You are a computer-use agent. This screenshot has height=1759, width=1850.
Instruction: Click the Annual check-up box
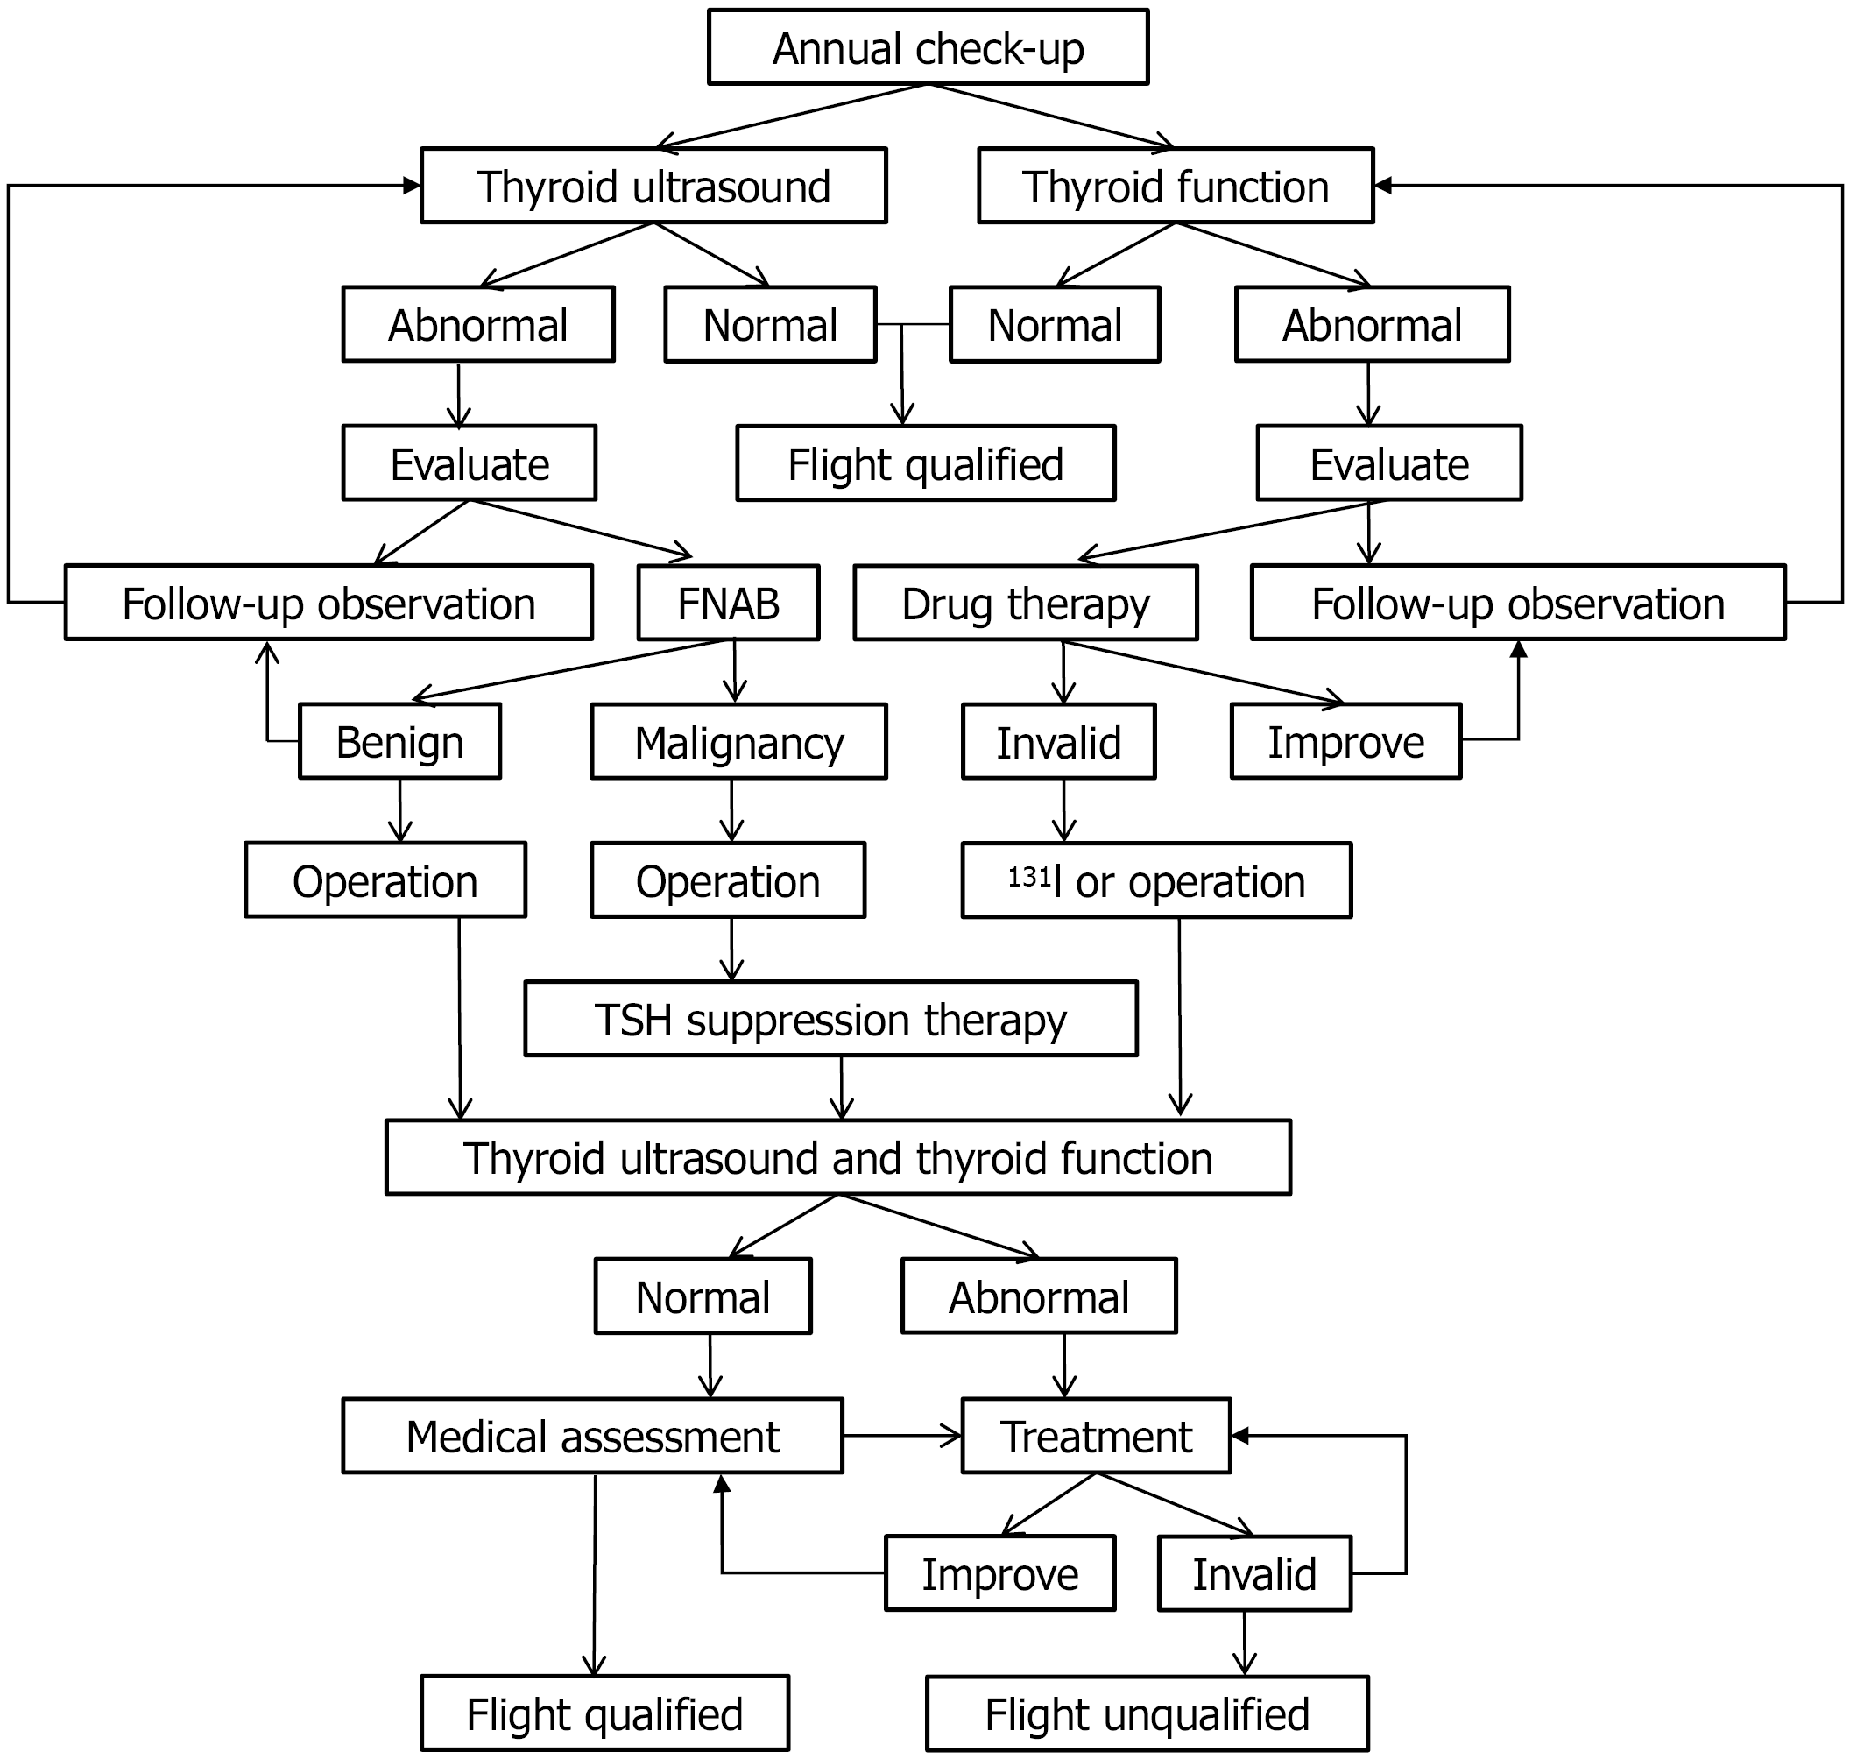coord(928,47)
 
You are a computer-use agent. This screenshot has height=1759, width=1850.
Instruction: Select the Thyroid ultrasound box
coord(653,186)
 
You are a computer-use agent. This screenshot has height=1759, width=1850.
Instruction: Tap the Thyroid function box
coord(1175,186)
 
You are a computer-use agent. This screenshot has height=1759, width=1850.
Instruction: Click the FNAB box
coord(728,603)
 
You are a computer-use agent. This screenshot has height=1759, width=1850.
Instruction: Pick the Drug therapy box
coord(1025,603)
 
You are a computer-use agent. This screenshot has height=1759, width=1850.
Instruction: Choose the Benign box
coord(399,742)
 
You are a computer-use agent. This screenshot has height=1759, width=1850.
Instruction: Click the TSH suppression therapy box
coord(830,1019)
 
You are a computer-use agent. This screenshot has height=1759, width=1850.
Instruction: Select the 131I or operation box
coord(1156,880)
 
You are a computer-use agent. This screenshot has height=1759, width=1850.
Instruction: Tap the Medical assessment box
coord(593,1437)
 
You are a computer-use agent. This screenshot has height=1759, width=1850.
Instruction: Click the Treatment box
coord(1096,1437)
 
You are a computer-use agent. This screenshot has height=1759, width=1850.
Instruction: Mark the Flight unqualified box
coord(1147,1714)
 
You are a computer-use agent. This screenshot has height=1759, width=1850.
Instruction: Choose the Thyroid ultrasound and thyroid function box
coord(837,1158)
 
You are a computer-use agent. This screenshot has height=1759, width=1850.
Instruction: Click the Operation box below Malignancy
coord(728,880)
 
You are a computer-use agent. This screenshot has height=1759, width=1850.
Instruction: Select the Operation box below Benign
coord(385,880)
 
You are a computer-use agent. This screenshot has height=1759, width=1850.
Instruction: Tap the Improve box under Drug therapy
coord(1345,742)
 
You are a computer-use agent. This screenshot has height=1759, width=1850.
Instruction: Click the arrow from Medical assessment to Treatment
coord(902,1436)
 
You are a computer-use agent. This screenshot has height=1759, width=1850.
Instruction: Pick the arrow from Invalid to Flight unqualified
coord(1244,1642)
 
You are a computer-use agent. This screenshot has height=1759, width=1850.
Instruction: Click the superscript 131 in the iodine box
coord(1028,876)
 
